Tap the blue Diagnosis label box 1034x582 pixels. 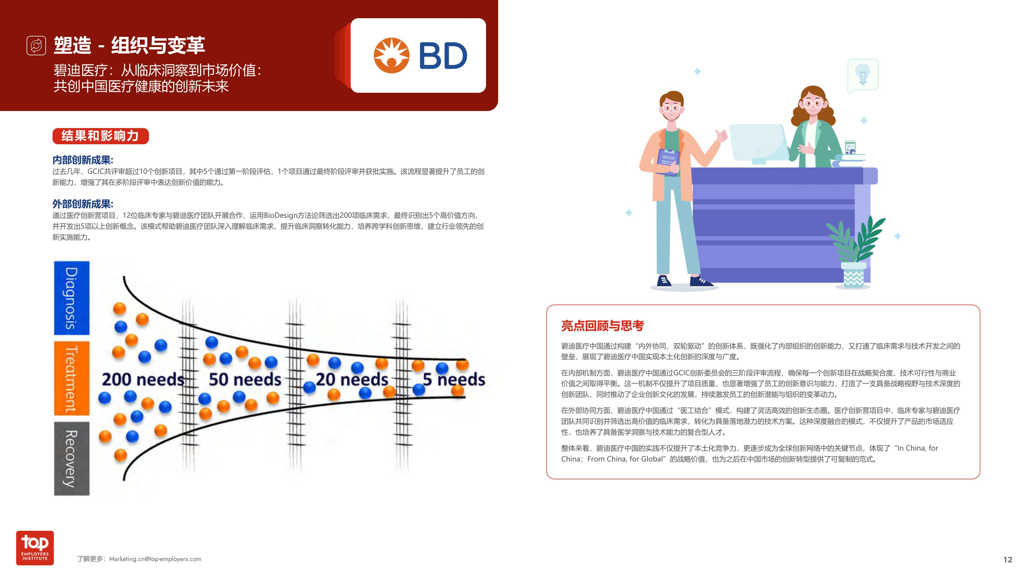tap(71, 298)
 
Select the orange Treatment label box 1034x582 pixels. tap(71, 378)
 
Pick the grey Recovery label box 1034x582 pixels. tap(71, 458)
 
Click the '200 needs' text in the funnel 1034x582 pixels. tap(142, 379)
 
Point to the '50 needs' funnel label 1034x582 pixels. tap(245, 379)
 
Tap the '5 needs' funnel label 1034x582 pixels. tap(454, 379)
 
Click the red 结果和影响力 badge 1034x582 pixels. tap(100, 136)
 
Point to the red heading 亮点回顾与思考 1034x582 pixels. tap(602, 326)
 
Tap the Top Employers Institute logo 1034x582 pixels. tap(35, 548)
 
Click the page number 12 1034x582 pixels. tap(1008, 559)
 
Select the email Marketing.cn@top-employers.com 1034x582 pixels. tap(155, 559)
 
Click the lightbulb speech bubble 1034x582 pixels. tap(863, 75)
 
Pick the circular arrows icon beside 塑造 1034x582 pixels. tap(36, 45)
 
